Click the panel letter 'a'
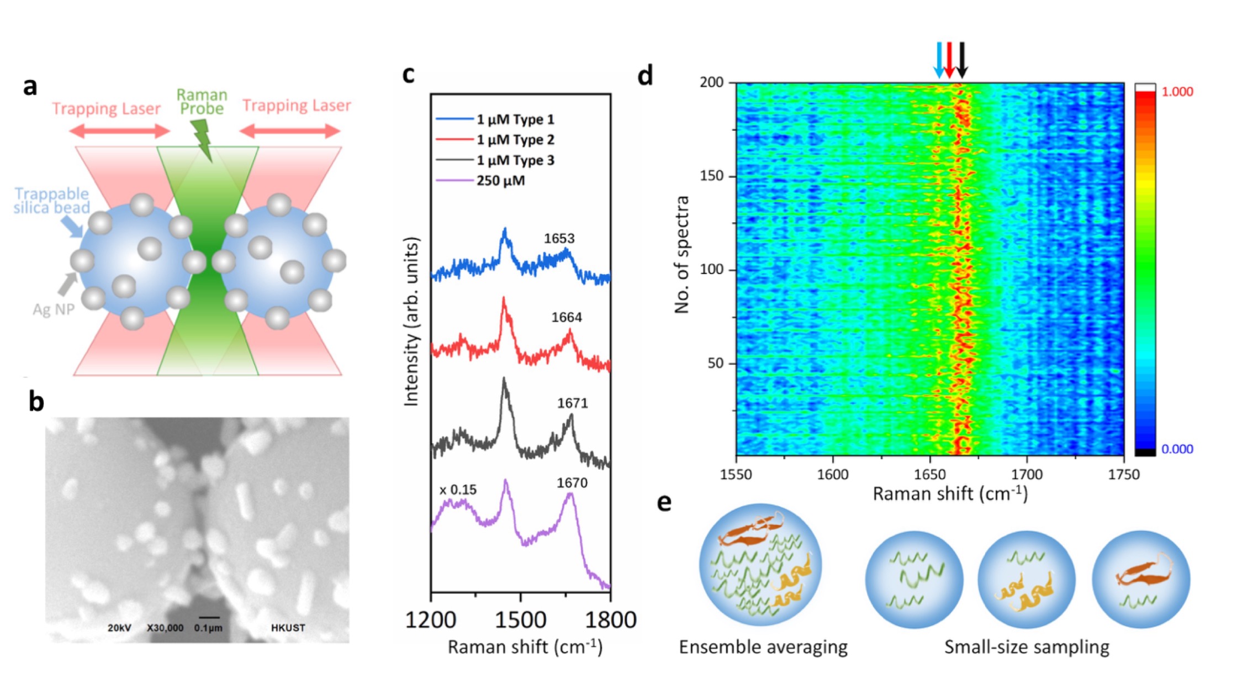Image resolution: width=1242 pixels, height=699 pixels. [30, 87]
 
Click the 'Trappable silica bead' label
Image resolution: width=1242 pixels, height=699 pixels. [51, 201]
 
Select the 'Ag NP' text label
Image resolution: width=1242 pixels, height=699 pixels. [53, 309]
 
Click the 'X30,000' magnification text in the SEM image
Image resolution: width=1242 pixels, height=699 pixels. [165, 628]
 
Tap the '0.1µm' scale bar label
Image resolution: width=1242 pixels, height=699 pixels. [208, 628]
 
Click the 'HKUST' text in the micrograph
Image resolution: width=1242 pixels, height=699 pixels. [288, 628]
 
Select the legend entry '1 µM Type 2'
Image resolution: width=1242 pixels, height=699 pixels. [515, 140]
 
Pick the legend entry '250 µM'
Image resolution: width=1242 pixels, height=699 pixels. [500, 181]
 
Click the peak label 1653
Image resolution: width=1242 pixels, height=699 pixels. [559, 239]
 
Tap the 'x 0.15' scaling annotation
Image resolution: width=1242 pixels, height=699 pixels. [458, 490]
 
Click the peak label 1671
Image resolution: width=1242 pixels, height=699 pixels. [572, 403]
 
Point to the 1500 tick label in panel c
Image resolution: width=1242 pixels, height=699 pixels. [520, 620]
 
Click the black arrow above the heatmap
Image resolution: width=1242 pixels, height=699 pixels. [961, 60]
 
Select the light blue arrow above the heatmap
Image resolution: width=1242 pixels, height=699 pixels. [938, 60]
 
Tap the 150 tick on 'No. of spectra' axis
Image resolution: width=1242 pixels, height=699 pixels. [711, 176]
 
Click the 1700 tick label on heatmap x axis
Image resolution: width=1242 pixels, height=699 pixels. [1026, 475]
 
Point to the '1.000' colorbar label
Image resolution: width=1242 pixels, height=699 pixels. [1177, 92]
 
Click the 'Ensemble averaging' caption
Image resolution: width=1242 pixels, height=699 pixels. [763, 647]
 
